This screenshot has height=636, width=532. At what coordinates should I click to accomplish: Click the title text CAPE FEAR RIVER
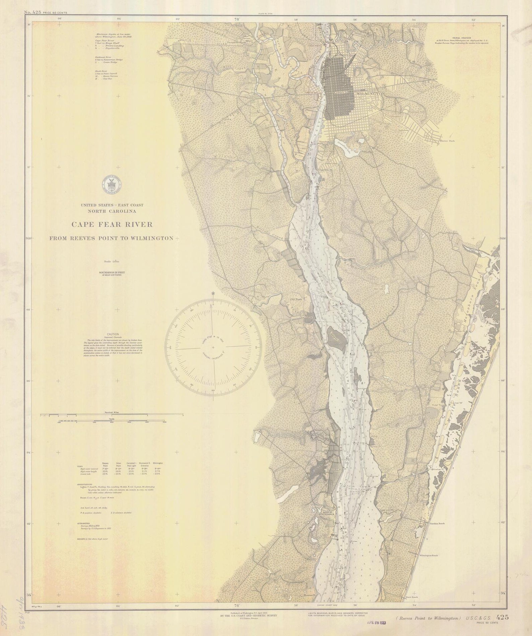pos(112,224)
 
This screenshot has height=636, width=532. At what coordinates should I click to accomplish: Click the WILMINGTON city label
pos(371,94)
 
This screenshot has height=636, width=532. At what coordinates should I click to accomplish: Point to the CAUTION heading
pos(113,334)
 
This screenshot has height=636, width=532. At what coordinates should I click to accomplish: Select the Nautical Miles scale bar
pos(112,415)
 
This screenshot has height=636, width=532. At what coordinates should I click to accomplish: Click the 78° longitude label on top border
pos(237,19)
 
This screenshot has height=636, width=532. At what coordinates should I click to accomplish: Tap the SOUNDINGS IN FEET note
pos(112,273)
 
